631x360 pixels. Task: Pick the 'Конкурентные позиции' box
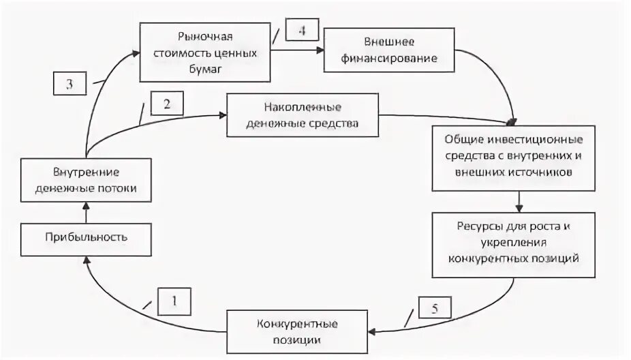tap(298, 331)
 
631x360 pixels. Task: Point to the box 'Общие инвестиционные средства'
tap(517, 156)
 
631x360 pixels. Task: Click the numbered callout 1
tap(174, 301)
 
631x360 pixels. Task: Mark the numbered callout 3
tap(70, 84)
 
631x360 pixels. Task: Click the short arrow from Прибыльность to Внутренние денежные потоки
tap(86, 214)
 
